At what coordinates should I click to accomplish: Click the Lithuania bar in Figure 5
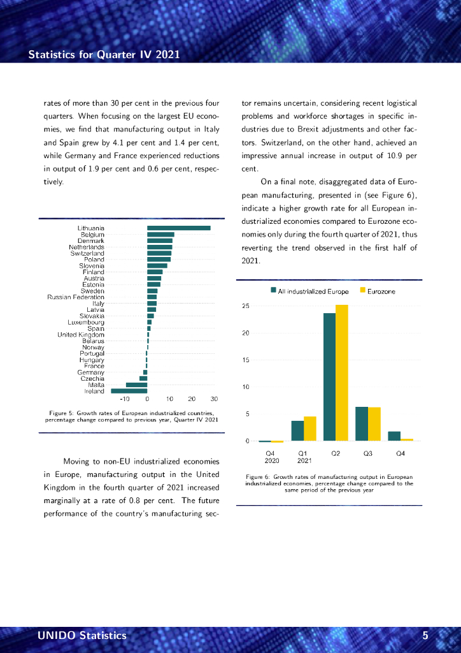pos(178,228)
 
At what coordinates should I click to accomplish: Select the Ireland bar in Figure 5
pos(129,391)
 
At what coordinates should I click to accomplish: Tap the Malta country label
pos(96,385)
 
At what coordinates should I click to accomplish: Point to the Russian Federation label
pos(76,297)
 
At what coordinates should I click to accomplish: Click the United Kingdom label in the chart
pos(81,335)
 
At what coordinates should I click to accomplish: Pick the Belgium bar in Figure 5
pos(160,234)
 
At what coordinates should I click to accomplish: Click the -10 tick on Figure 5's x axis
pos(125,399)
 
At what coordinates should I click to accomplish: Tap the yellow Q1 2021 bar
pos(310,429)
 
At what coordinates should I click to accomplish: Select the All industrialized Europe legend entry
pos(310,291)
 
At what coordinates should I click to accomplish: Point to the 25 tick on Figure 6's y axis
pos(246,306)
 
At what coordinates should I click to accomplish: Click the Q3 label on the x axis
pos(368,453)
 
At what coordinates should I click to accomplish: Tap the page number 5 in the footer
pos(425,635)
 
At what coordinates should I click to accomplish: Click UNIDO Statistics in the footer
pos(82,635)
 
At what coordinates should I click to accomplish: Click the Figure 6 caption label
pos(258,476)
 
